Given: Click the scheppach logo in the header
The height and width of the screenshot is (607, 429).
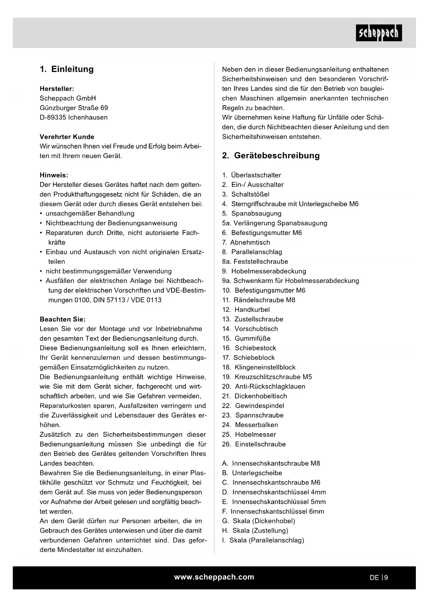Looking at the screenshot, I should [379, 33].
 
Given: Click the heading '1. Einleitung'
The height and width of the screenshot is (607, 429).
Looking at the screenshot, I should [67, 69].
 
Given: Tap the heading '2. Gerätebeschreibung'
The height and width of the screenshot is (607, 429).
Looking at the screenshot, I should [271, 156].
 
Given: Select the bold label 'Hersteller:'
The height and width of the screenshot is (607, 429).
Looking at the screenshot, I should [57, 89].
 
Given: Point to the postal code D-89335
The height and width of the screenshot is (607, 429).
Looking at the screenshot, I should [53, 117].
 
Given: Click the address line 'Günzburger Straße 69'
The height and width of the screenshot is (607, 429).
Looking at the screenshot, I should [74, 108].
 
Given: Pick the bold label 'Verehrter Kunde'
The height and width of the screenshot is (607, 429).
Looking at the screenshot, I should [67, 137].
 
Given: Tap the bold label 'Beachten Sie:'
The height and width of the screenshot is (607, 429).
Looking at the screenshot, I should [63, 319].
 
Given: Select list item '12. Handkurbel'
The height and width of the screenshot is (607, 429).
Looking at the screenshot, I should [246, 310].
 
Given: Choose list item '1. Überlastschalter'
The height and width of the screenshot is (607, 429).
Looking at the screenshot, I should [252, 175].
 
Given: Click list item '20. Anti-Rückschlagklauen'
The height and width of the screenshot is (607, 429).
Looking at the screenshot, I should [264, 387].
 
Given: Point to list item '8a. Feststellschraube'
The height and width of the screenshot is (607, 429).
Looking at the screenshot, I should [255, 262].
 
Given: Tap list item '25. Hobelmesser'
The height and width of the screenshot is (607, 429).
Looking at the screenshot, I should [249, 434].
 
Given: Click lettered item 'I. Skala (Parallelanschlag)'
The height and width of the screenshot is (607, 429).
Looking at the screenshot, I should [263, 540].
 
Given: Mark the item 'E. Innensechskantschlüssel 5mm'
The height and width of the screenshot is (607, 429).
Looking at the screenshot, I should [274, 502].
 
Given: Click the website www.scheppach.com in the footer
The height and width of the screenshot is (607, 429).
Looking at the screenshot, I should [214, 577].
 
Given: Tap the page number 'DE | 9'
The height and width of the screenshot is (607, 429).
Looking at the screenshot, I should [379, 577].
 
